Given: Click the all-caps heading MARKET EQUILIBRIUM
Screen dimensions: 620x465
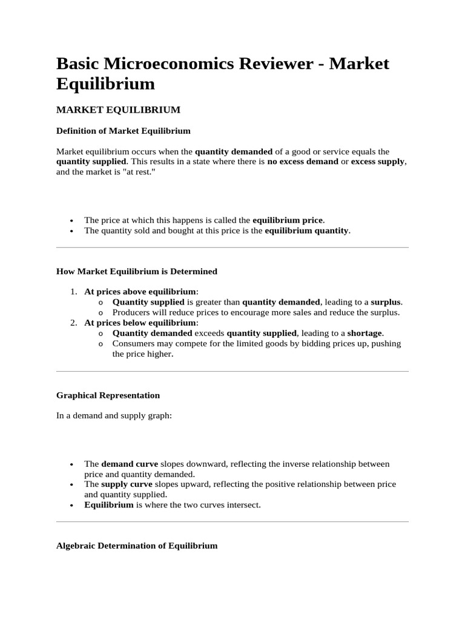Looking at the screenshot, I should pyautogui.click(x=118, y=110).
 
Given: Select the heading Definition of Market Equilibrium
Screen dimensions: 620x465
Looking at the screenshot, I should pyautogui.click(x=123, y=130).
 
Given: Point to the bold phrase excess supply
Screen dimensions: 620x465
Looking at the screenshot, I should pyautogui.click(x=378, y=162).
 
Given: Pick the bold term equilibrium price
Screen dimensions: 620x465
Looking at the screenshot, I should pyautogui.click(x=288, y=220).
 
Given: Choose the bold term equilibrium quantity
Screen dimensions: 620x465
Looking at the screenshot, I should pyautogui.click(x=307, y=231).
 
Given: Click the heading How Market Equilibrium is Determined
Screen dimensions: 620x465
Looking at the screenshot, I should pyautogui.click(x=136, y=271).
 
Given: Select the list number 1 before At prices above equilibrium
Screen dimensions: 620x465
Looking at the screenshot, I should pyautogui.click(x=73, y=291).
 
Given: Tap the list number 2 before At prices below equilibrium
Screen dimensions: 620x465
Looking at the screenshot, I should pyautogui.click(x=73, y=323).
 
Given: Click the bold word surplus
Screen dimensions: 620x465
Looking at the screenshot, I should pyautogui.click(x=386, y=302).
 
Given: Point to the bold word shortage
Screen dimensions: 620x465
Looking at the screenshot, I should pyautogui.click(x=365, y=333).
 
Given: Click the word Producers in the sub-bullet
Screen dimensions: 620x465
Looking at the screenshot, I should pyautogui.click(x=131, y=312).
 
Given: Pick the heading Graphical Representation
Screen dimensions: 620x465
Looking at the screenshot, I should pyautogui.click(x=108, y=395).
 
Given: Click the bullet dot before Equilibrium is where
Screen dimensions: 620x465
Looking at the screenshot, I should pyautogui.click(x=72, y=505).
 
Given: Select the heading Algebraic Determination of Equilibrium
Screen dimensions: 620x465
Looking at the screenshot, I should pyautogui.click(x=136, y=546).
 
